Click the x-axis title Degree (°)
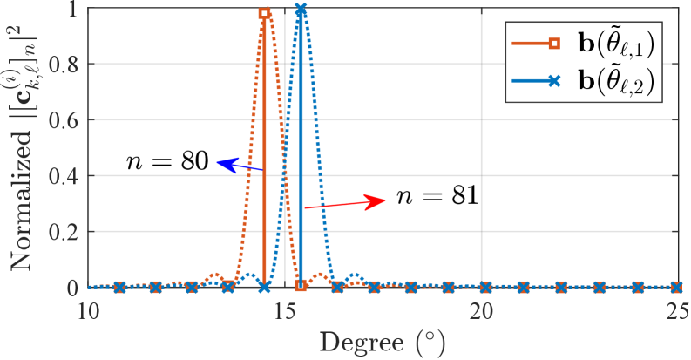(x=383, y=342)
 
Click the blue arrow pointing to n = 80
(x=240, y=166)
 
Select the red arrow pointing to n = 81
(x=345, y=203)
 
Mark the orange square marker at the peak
(x=264, y=13)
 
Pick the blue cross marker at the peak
(x=301, y=10)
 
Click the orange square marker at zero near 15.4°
(x=301, y=286)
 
